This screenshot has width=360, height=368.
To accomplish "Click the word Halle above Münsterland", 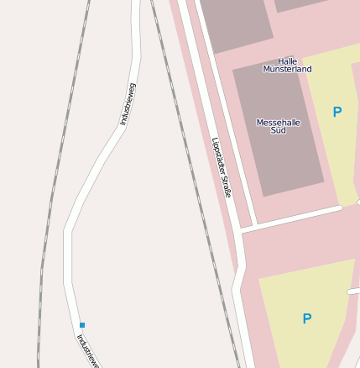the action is (287, 61).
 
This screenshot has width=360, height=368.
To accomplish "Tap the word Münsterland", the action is (287, 69).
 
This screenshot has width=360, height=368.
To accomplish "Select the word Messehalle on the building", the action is (278, 122).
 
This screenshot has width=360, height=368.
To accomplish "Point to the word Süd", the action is (278, 130).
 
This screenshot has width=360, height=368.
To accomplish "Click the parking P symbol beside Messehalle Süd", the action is (337, 112).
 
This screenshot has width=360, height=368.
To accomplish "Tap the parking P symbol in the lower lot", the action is (307, 318).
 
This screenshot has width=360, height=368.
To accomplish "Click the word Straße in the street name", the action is (226, 187).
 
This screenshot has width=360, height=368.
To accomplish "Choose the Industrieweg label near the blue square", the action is (88, 350).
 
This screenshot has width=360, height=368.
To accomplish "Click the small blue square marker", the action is (82, 324).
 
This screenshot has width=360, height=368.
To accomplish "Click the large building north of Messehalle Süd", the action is (235, 21).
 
